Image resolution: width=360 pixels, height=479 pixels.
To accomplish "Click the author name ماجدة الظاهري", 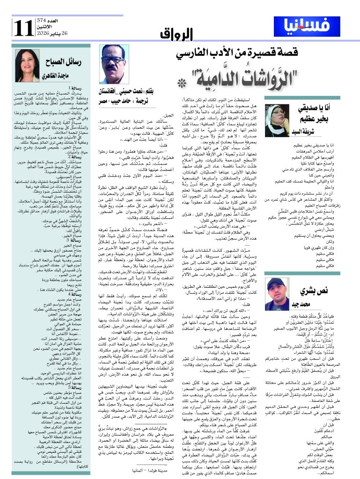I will [x=63, y=75].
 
